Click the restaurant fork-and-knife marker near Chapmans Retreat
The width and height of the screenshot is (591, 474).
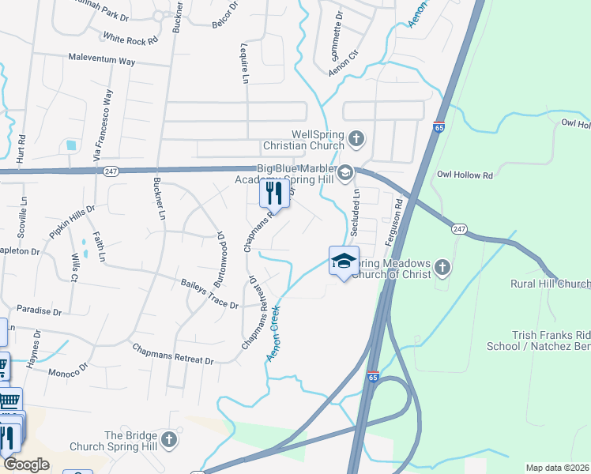coord(274,192)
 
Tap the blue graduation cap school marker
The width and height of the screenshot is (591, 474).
coord(344,261)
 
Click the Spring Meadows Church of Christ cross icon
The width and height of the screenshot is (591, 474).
coord(442,268)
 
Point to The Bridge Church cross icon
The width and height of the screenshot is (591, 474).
coord(168,439)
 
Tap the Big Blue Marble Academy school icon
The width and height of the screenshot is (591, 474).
coord(346,172)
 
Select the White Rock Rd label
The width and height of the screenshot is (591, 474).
coord(130,37)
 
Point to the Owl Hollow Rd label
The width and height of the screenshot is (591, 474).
coord(465,175)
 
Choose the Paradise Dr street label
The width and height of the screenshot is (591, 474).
coord(37,311)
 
